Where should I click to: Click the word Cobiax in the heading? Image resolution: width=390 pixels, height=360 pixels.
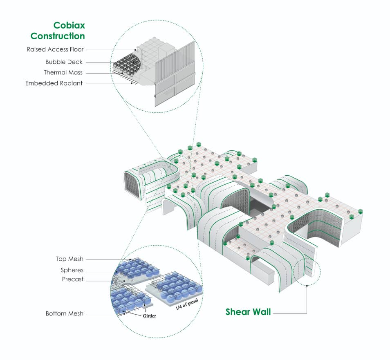point(69,25)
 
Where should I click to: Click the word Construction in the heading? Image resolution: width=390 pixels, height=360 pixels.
point(58,36)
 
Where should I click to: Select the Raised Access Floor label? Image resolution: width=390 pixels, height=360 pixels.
point(55,49)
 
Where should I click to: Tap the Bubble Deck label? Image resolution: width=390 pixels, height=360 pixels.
point(64,62)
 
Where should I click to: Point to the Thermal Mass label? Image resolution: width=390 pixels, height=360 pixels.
point(63,73)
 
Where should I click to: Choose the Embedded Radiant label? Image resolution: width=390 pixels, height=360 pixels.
point(54,83)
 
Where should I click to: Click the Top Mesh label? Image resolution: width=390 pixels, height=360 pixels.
point(69,259)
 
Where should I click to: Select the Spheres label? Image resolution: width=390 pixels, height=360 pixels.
point(72,270)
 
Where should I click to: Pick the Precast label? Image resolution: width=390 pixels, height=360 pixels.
point(73,279)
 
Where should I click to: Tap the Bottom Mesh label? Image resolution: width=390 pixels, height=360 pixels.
point(65,313)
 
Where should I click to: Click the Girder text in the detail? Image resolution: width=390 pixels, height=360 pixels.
point(149,316)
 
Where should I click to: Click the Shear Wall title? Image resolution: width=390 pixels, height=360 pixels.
point(248,312)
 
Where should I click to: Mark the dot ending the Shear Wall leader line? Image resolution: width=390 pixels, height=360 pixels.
point(307,286)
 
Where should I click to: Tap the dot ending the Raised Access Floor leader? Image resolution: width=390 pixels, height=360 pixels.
point(136,50)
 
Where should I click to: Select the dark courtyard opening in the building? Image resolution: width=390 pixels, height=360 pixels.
point(259,207)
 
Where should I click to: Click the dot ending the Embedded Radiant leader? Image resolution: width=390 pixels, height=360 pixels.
point(132,83)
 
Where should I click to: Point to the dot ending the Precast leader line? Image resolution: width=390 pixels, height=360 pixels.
point(124,281)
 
